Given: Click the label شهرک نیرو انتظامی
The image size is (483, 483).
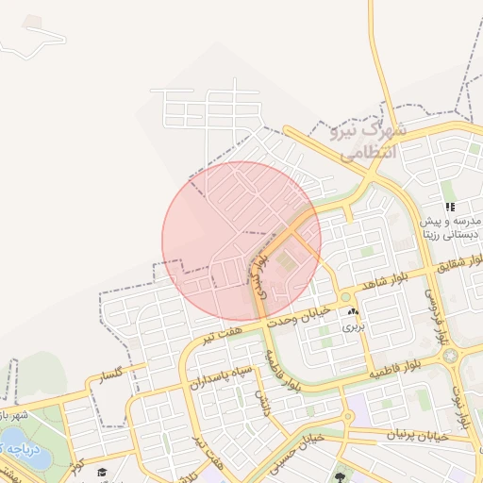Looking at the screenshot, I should pyautogui.click(x=369, y=139).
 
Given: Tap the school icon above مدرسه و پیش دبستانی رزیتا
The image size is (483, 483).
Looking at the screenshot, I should pyautogui.click(x=451, y=207).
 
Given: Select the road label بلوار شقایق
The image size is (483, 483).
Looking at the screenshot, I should pyautogui.click(x=458, y=261).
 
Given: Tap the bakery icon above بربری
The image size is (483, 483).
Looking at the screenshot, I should pyautogui.click(x=353, y=311).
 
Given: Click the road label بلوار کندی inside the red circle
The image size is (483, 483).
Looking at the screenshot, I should pyautogui.click(x=262, y=274).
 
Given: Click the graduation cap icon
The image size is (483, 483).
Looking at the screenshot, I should pyautogui.click(x=101, y=473).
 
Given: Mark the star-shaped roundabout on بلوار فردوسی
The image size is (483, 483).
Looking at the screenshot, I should pyautogui.click(x=450, y=356).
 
